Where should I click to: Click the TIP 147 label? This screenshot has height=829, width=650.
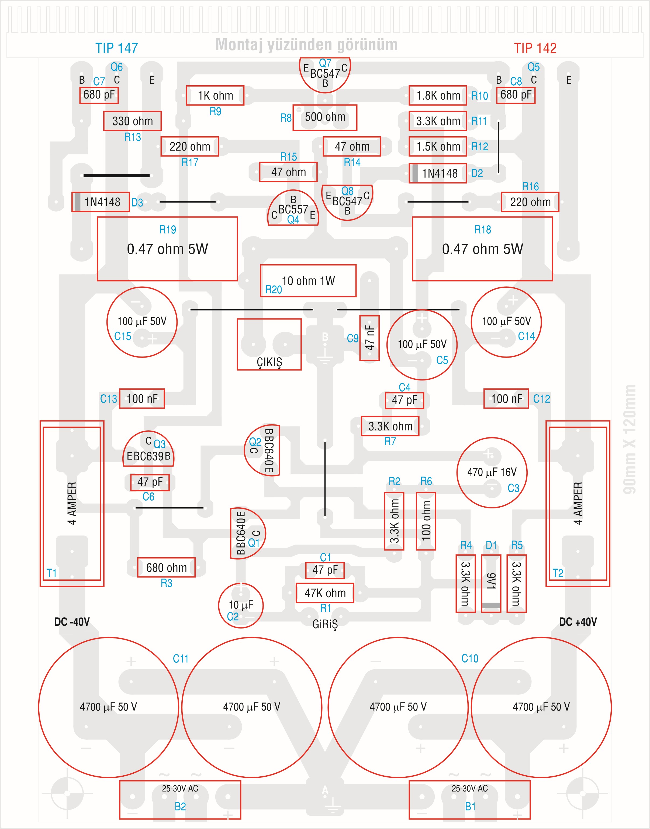[x=116, y=48]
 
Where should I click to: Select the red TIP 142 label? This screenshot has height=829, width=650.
[x=535, y=48]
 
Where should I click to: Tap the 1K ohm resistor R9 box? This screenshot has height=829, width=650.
[x=215, y=95]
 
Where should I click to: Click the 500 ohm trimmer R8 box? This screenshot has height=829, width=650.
[x=325, y=117]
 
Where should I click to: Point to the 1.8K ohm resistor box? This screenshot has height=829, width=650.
[x=438, y=95]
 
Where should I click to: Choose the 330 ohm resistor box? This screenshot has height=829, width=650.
[x=132, y=121]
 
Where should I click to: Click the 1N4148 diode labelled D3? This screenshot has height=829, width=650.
[x=101, y=202]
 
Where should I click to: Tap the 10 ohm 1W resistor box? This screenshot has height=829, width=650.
[x=308, y=281]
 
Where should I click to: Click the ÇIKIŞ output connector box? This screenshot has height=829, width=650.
[x=269, y=344]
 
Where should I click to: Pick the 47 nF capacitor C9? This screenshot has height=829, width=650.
[x=369, y=338]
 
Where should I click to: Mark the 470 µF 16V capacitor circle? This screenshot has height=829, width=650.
[x=492, y=473]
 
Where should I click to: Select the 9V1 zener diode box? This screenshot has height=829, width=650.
[x=491, y=583]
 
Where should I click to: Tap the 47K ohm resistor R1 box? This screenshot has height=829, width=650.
[x=325, y=593]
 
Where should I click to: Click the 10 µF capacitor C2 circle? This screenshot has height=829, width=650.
[x=240, y=605]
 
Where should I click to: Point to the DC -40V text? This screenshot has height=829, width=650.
[x=72, y=622]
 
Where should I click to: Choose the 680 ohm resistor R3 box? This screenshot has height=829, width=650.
[x=166, y=568]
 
